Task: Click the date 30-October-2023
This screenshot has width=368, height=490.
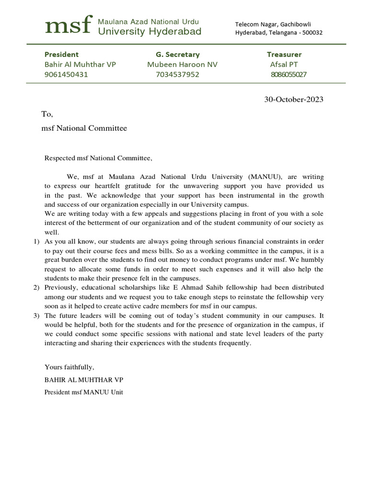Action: pyautogui.click(x=294, y=100)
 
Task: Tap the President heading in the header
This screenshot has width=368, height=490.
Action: pyautogui.click(x=61, y=55)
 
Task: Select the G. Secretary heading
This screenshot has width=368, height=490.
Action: pyautogui.click(x=177, y=55)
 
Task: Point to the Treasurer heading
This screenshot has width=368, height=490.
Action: pyautogui.click(x=284, y=55)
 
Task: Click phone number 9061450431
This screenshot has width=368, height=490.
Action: pyautogui.click(x=66, y=75)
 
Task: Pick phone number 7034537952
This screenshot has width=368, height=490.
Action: pyautogui.click(x=177, y=75)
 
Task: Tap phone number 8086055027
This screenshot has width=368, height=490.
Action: pyautogui.click(x=288, y=75)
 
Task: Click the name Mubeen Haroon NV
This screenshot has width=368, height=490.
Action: pyautogui.click(x=182, y=65)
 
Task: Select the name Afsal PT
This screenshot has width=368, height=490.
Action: pyautogui.click(x=284, y=65)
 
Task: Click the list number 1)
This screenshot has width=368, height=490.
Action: pyautogui.click(x=36, y=241)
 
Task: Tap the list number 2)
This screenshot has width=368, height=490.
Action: pyautogui.click(x=36, y=288)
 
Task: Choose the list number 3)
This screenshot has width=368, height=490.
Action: pyautogui.click(x=36, y=316)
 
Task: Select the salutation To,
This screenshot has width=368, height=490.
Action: pyautogui.click(x=47, y=114)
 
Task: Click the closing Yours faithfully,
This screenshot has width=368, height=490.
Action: pyautogui.click(x=69, y=367)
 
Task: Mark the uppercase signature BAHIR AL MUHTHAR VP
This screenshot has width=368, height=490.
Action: pyautogui.click(x=84, y=380)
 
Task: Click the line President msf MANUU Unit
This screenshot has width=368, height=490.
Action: pyautogui.click(x=84, y=392)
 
